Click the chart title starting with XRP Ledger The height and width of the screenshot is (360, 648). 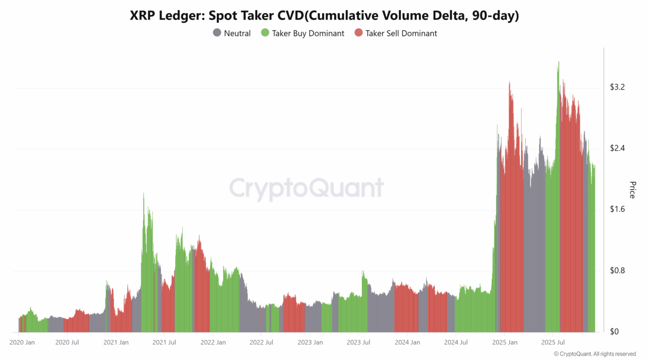coord(324,15)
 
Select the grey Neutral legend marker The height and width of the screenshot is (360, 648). coord(217,33)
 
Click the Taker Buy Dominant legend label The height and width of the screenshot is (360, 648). coord(308,33)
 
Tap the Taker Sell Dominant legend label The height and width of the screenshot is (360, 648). coord(401,33)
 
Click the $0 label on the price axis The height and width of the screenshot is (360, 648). coord(614,331)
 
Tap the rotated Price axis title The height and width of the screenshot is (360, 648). coord(632,190)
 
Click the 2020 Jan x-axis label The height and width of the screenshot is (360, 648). coord(22,342)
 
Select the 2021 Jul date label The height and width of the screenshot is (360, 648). coord(164,342)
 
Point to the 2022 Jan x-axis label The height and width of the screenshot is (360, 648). coord(213,342)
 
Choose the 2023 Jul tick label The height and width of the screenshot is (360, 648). coord(359,342)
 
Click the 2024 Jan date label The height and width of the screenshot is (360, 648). coord(408,342)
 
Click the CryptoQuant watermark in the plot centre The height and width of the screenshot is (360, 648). coord(306,188)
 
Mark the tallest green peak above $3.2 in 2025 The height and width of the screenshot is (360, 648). coord(558,62)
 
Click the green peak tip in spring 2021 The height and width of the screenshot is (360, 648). coord(144,193)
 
